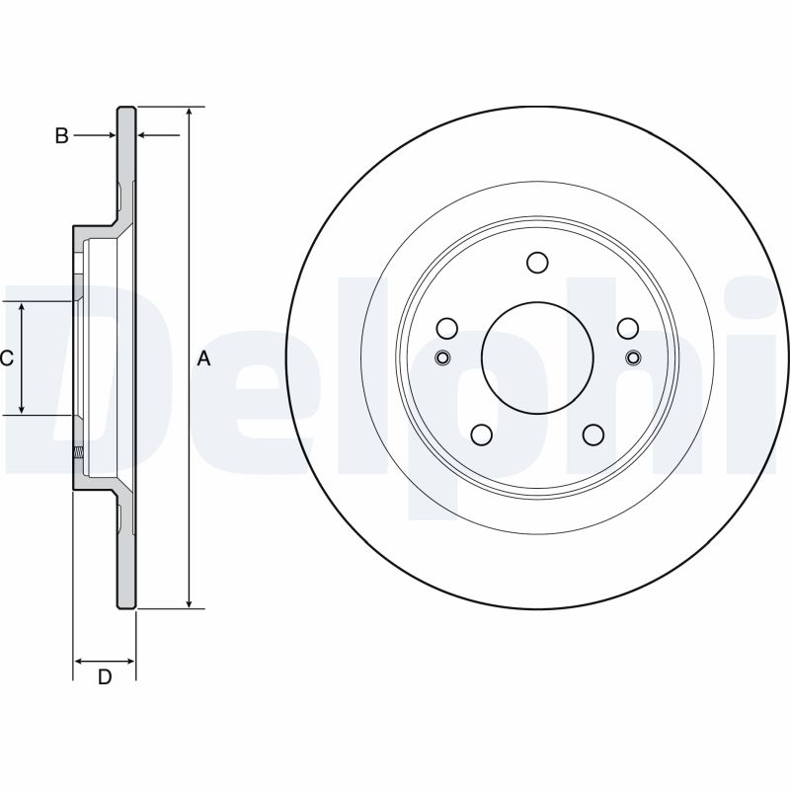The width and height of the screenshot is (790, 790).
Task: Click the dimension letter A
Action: pyautogui.click(x=204, y=358)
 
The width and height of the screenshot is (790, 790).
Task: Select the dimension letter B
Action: pyautogui.click(x=61, y=136)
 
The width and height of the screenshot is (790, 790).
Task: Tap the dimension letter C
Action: pyautogui.click(x=6, y=358)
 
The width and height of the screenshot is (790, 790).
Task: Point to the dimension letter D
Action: pyautogui.click(x=104, y=676)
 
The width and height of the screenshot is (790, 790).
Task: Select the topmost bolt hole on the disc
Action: pyautogui.click(x=537, y=262)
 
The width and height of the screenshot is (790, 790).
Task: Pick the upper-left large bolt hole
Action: pyautogui.click(x=447, y=328)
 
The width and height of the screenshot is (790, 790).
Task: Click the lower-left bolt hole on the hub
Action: pyautogui.click(x=482, y=434)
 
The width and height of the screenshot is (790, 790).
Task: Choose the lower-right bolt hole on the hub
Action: pyautogui.click(x=593, y=434)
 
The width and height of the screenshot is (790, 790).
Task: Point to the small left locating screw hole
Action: pyautogui.click(x=442, y=357)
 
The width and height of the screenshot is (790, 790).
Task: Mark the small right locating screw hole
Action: pyautogui.click(x=633, y=357)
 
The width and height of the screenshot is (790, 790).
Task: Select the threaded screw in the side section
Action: pyautogui.click(x=77, y=453)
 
